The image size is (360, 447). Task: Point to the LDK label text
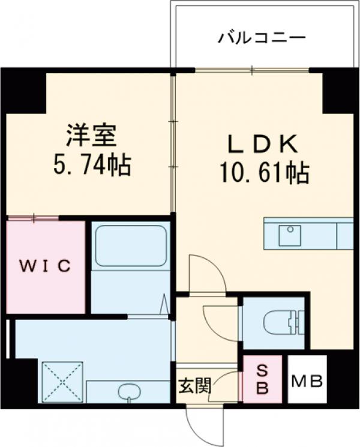coord(262,145)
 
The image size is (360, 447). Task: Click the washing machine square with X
coord(62,380)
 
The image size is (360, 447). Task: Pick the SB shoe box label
coord(263,380)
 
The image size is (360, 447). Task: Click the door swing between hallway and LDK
coord(207,273)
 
